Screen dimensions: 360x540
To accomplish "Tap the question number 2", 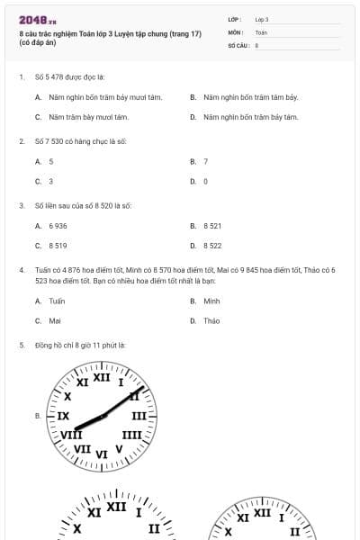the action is (x=22, y=141).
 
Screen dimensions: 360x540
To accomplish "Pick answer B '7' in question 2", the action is (x=206, y=161).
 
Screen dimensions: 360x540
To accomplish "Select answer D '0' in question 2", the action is (x=205, y=182).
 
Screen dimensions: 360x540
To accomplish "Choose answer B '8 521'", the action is (x=212, y=226).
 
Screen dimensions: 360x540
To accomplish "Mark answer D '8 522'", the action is (x=212, y=246).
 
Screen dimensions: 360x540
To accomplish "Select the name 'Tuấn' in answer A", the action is (x=57, y=301).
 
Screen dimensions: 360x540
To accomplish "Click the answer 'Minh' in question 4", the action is (x=211, y=301).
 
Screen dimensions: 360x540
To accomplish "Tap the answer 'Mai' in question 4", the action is (x=55, y=321).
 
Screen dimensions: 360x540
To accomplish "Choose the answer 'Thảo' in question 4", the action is (x=211, y=321).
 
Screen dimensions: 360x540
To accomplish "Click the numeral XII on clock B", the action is (x=102, y=377).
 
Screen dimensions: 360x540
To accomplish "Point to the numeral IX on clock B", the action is (x=63, y=417).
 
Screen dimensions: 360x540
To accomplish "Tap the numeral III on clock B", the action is (x=139, y=417).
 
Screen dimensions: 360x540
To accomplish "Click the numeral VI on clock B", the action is (x=102, y=454).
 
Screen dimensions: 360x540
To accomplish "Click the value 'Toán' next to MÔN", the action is (x=261, y=31).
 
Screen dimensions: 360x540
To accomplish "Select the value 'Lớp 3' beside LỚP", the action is (x=262, y=19).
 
